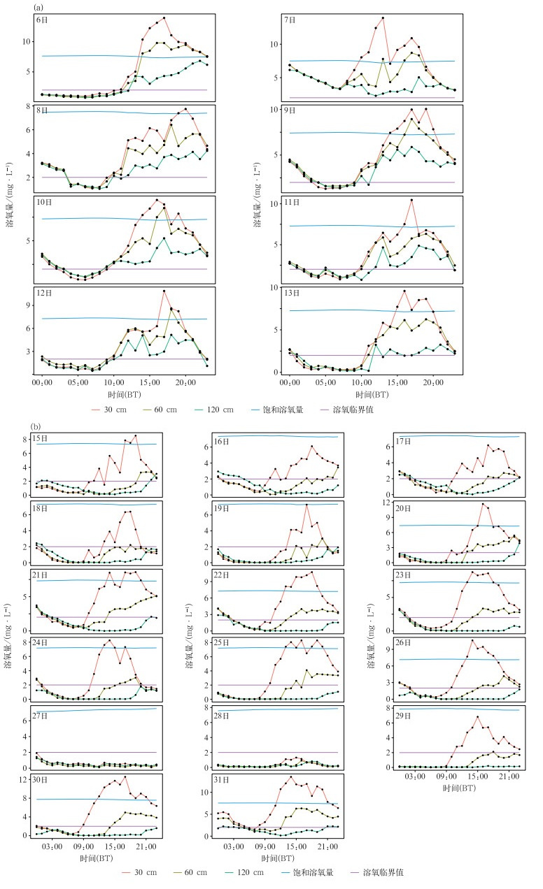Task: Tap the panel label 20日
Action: [x=402, y=509]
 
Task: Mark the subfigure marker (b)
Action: [x=36, y=426]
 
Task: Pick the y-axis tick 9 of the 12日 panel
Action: [x=26, y=305]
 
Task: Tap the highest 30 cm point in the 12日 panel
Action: [x=164, y=291]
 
